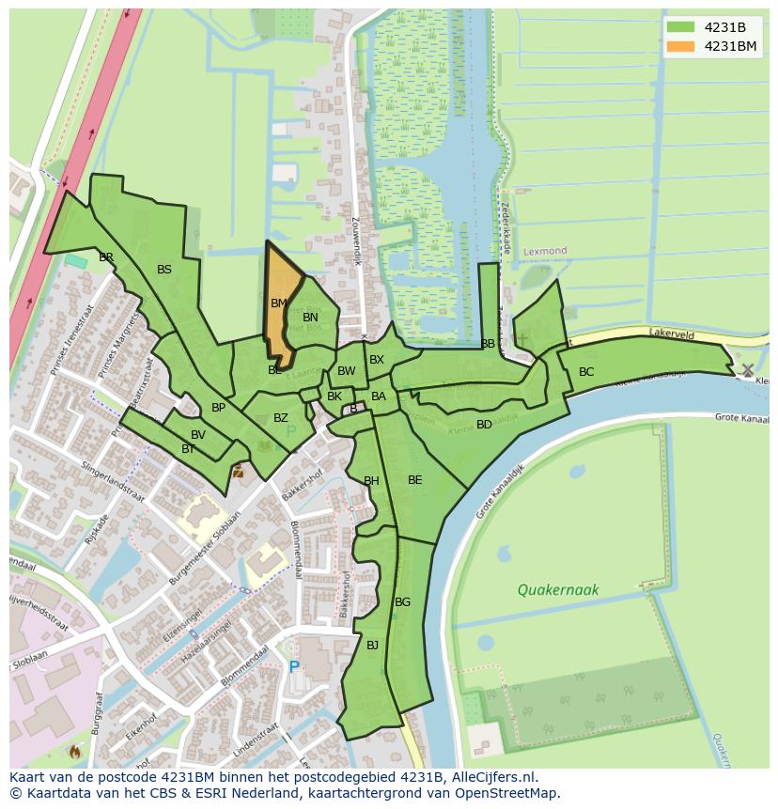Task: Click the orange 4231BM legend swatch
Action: (679, 46)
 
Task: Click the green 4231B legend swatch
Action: (679, 26)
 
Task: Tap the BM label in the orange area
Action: (279, 303)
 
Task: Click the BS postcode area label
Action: (164, 270)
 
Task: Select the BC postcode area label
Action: (586, 372)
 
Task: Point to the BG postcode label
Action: (402, 602)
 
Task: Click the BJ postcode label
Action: (372, 645)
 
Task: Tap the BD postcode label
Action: (484, 425)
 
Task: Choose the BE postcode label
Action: (414, 480)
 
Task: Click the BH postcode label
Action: (371, 481)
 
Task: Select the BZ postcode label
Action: (281, 418)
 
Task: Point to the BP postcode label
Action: (218, 408)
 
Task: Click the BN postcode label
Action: (310, 318)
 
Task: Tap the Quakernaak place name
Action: (558, 590)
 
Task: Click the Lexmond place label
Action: (546, 252)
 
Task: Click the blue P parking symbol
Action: (294, 667)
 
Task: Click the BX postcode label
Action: (377, 360)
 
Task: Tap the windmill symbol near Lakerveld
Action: (747, 370)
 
